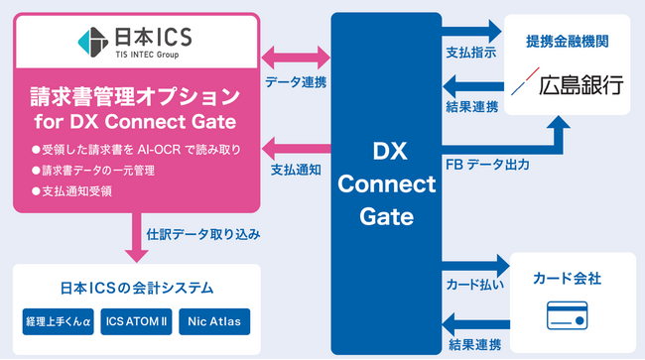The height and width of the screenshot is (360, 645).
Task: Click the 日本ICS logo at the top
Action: coord(137,43)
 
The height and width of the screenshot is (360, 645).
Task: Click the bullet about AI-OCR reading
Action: coord(135,151)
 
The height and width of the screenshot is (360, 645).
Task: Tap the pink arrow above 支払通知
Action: coord(294,146)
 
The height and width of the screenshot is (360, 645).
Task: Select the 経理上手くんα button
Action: coord(58,322)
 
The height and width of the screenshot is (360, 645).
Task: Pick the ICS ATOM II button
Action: coord(137,322)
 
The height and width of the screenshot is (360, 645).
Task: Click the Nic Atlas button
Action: coord(215,322)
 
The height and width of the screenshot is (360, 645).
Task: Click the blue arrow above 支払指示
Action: coord(474,32)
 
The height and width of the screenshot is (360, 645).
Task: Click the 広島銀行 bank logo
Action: coord(570,85)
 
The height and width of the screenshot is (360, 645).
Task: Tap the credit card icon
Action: coord(570,315)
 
